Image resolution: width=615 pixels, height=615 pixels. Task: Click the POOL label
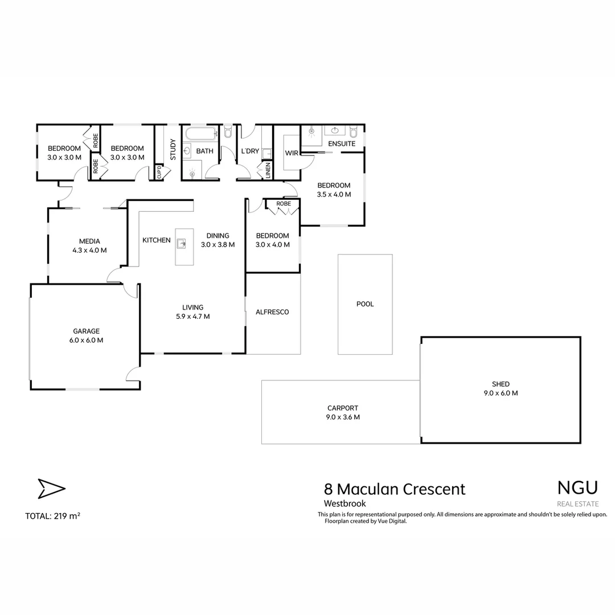[x=365, y=304]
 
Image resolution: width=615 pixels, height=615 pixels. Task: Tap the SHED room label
[x=501, y=384]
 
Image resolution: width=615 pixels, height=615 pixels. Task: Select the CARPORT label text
[x=343, y=408]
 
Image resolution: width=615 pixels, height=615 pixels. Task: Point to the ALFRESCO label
[x=272, y=312]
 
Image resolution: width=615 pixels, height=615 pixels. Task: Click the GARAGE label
[x=87, y=331]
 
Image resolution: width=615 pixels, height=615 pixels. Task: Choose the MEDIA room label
[x=89, y=241]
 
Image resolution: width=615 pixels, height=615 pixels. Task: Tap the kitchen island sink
[x=182, y=244]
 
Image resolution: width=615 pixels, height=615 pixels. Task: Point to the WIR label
[x=292, y=153]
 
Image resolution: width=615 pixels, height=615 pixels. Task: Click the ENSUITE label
[x=342, y=144]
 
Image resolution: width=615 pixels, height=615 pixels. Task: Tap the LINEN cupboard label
[x=267, y=170]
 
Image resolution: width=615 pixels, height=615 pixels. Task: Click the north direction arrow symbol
[x=51, y=489]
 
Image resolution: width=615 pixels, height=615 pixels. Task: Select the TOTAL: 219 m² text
[x=52, y=516]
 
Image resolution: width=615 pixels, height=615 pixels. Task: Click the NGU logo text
[x=577, y=487]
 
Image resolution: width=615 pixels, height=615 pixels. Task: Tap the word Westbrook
[x=345, y=503]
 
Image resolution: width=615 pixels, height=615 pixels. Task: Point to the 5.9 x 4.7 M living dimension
[x=192, y=317]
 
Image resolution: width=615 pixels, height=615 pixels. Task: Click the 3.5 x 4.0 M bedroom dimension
[x=334, y=194]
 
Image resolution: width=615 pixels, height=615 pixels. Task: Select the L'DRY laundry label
[x=251, y=151]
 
